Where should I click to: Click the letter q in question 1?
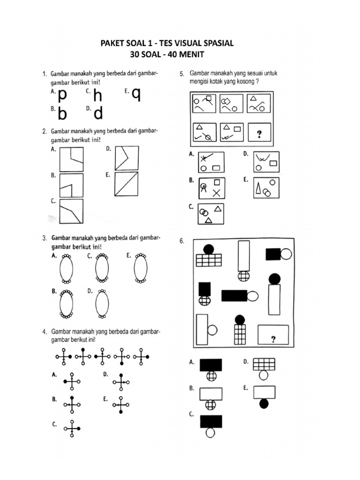click(136, 95)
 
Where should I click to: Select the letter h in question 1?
click(97, 96)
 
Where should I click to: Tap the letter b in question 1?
click(62, 114)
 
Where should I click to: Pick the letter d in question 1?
click(98, 113)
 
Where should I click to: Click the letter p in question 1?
click(62, 96)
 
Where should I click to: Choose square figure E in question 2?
click(127, 183)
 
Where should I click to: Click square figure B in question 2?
click(71, 185)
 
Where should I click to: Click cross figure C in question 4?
click(72, 428)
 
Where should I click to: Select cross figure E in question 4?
click(121, 405)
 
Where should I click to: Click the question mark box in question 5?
click(259, 135)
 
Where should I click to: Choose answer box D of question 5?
click(266, 162)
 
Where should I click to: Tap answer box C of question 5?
click(211, 214)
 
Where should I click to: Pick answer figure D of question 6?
click(263, 368)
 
